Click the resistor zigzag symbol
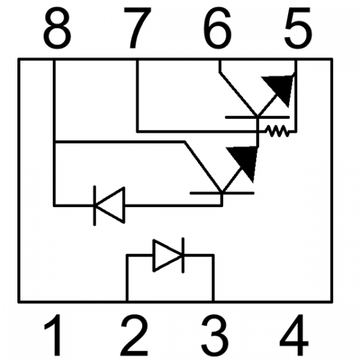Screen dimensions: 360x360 tap(277, 131)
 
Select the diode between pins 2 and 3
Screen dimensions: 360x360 tap(168, 255)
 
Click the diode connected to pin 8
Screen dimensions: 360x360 tap(109, 206)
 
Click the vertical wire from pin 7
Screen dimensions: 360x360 tap(137, 96)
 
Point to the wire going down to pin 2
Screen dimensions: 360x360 tap(127, 280)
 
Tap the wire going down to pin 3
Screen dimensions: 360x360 tap(213, 280)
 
